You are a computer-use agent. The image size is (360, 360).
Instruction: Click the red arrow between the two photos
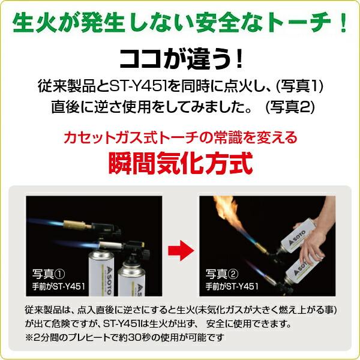(180, 246)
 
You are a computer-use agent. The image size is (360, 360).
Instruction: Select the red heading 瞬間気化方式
(179, 163)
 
